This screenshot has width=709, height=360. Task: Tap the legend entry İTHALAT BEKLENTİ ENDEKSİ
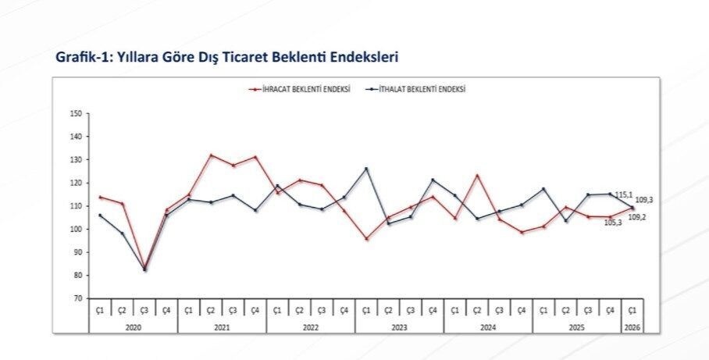click(x=421, y=90)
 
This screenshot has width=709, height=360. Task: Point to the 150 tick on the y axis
click(x=76, y=114)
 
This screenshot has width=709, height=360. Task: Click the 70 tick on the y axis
click(x=77, y=298)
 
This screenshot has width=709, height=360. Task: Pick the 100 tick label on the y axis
click(x=76, y=230)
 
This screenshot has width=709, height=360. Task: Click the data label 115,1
click(x=623, y=194)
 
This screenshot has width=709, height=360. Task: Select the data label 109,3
click(x=644, y=200)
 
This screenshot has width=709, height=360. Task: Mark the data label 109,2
click(x=637, y=217)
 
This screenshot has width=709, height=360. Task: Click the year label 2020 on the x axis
click(x=133, y=327)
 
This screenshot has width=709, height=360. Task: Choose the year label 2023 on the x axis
click(x=399, y=327)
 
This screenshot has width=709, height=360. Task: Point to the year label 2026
click(x=632, y=327)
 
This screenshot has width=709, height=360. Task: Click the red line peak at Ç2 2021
click(x=211, y=155)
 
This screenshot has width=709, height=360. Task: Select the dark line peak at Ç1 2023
click(x=366, y=169)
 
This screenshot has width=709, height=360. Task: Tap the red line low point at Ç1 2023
click(x=366, y=239)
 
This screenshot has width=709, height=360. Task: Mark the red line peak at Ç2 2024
click(x=477, y=176)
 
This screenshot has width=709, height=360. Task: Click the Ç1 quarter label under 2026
click(x=632, y=311)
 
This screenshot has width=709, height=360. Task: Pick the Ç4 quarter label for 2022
click(x=344, y=311)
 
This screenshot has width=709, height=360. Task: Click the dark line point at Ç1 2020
click(x=100, y=216)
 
